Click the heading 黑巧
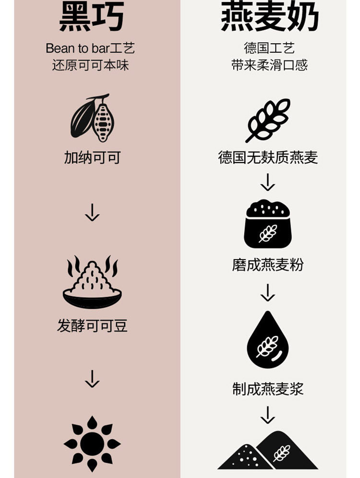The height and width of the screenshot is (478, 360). [92, 17]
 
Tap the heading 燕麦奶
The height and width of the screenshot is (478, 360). [269, 17]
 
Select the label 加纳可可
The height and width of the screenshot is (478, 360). [92, 157]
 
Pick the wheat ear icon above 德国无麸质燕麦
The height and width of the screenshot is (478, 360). [268, 120]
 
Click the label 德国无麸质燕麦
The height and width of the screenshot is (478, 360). [268, 157]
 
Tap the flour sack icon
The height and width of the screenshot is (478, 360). [268, 224]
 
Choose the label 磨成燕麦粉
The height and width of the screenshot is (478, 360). [268, 265]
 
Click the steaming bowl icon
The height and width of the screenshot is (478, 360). [92, 283]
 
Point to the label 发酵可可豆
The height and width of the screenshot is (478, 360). [92, 326]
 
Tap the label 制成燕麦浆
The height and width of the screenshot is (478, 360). [268, 389]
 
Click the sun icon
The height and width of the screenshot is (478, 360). [92, 443]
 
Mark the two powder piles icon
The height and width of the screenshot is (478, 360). [268, 451]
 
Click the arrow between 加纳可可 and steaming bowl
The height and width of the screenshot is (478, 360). [92, 212]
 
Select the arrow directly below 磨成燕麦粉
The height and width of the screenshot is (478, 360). [268, 292]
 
